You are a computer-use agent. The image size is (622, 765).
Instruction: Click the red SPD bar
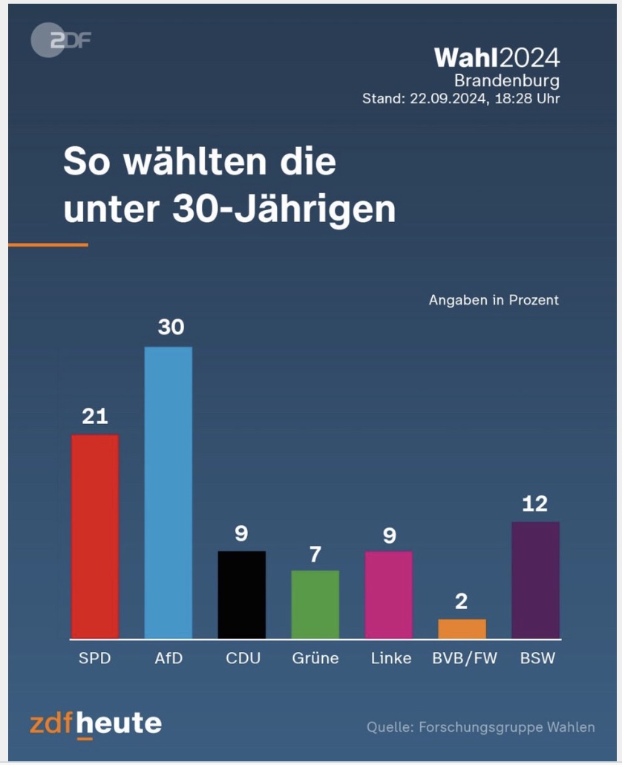(x=94, y=536)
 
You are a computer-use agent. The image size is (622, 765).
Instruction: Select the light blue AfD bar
(x=168, y=492)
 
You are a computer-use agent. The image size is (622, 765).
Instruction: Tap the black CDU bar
(x=241, y=595)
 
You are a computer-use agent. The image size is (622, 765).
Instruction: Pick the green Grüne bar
(x=315, y=605)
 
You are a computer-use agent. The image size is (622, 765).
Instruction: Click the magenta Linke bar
(x=389, y=595)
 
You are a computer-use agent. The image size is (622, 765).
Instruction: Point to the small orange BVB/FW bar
(x=462, y=629)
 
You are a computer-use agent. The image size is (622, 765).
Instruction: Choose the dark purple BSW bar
(x=535, y=580)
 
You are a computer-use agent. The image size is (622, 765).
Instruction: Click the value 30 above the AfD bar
(x=170, y=328)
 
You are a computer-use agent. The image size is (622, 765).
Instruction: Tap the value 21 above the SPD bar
(x=95, y=417)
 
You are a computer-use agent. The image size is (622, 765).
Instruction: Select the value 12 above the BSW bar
(x=534, y=504)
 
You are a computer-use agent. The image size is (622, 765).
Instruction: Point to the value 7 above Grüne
(x=315, y=554)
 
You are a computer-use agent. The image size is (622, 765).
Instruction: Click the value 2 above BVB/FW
(x=462, y=602)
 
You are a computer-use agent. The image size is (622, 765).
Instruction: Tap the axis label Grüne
(x=315, y=659)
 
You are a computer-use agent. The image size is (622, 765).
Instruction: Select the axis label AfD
(x=168, y=659)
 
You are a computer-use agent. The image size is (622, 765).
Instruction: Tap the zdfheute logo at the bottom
(x=96, y=723)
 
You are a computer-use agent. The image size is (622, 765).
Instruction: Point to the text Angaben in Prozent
(x=494, y=301)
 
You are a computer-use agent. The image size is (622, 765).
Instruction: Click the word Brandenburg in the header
(x=507, y=80)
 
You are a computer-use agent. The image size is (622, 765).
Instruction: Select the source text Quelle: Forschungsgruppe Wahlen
(x=480, y=727)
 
